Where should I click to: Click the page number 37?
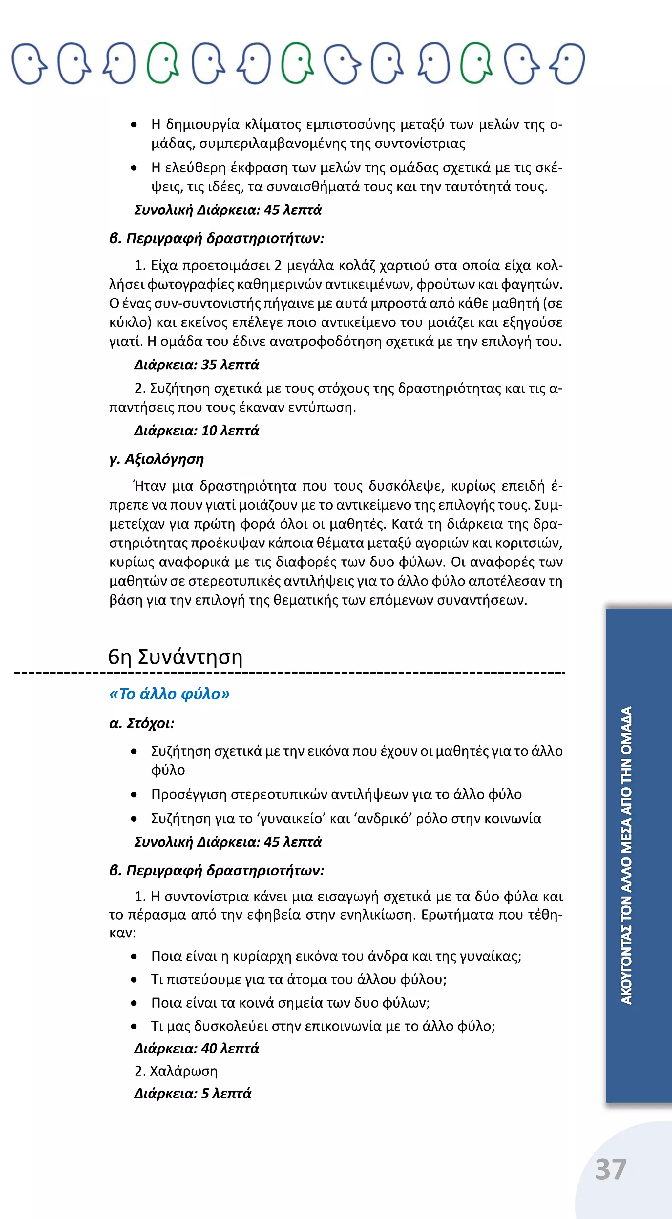click(x=611, y=1169)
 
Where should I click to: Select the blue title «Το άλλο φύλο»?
click(x=169, y=694)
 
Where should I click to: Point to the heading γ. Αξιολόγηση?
click(x=157, y=459)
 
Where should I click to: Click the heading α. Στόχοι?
click(x=142, y=723)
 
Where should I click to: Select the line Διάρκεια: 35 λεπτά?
click(x=197, y=365)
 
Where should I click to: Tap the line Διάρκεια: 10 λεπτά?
click(x=197, y=431)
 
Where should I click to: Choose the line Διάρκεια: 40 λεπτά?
click(x=197, y=1048)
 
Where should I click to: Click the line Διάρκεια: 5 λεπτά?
click(x=193, y=1093)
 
